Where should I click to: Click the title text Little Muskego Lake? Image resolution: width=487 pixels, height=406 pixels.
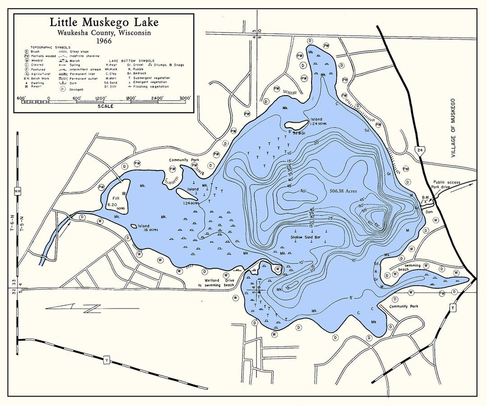point(104,23)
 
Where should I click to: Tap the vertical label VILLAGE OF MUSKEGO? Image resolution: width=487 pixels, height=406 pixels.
point(453,129)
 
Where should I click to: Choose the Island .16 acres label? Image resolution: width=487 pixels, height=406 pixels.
point(148,228)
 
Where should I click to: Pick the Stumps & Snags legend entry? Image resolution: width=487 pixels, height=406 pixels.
point(145,65)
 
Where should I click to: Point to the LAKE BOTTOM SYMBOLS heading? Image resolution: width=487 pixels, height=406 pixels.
point(131,60)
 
